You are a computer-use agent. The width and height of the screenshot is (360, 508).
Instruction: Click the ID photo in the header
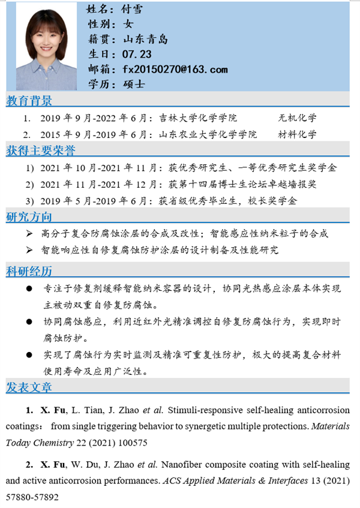click(x=46, y=46)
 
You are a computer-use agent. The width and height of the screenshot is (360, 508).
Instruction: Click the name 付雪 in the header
click(x=131, y=9)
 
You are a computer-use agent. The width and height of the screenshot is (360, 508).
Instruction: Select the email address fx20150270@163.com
click(x=175, y=70)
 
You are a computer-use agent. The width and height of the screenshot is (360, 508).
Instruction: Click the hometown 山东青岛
click(x=145, y=40)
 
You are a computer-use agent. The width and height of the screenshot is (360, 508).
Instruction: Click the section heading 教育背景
click(x=29, y=100)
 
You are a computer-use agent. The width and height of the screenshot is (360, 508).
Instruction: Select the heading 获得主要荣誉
click(x=41, y=149)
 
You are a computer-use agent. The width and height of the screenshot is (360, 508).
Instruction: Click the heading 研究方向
click(x=29, y=217)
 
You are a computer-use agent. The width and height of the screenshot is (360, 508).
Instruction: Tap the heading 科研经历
click(x=29, y=272)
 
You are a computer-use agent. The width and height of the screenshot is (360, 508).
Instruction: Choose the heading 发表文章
click(x=29, y=387)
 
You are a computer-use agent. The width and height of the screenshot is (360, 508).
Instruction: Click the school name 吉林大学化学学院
click(x=198, y=118)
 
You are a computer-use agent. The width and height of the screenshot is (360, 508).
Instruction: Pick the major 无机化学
click(x=298, y=118)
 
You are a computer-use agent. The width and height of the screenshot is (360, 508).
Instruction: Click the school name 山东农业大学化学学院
click(x=208, y=134)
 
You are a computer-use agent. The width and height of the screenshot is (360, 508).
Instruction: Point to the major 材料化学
click(x=298, y=134)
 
